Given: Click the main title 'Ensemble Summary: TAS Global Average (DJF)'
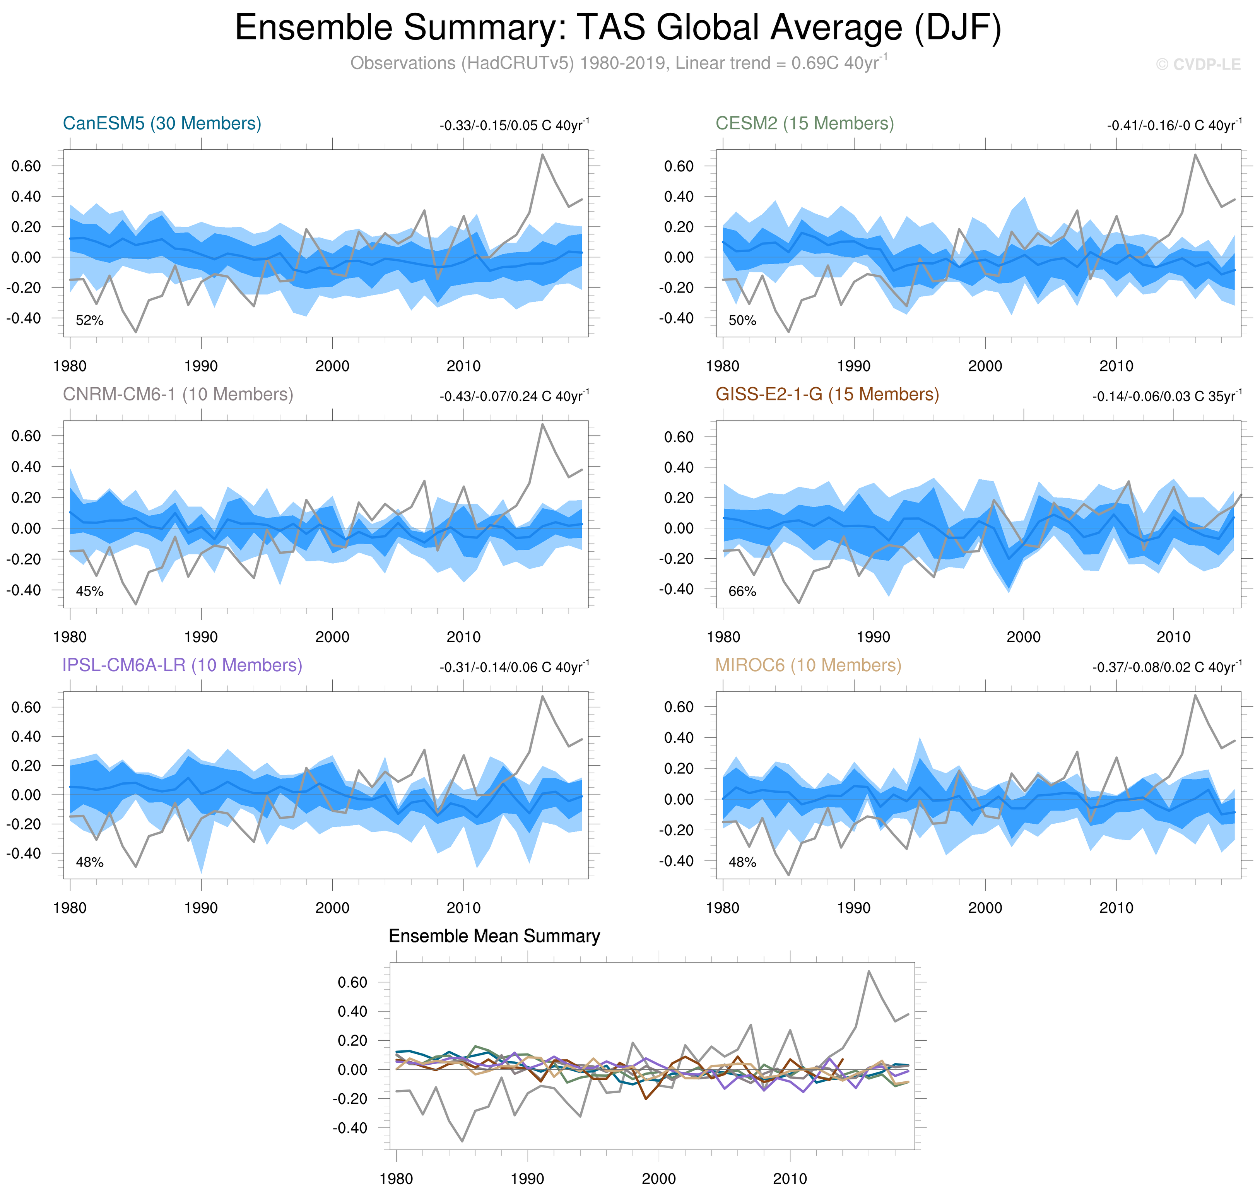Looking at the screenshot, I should [617, 28].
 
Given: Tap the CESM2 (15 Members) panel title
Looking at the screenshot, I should [804, 123].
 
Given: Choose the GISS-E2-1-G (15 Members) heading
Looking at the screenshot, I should [827, 394].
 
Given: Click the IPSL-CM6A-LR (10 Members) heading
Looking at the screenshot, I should [182, 665].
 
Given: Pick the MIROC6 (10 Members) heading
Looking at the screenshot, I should [808, 665].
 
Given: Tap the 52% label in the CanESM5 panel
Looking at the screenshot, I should [89, 320].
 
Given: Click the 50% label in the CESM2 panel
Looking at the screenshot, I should [742, 320].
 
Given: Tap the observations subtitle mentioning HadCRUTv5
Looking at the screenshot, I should [617, 63].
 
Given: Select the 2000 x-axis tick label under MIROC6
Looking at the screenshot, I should [985, 907].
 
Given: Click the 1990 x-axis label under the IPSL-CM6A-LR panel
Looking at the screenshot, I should [201, 907].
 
